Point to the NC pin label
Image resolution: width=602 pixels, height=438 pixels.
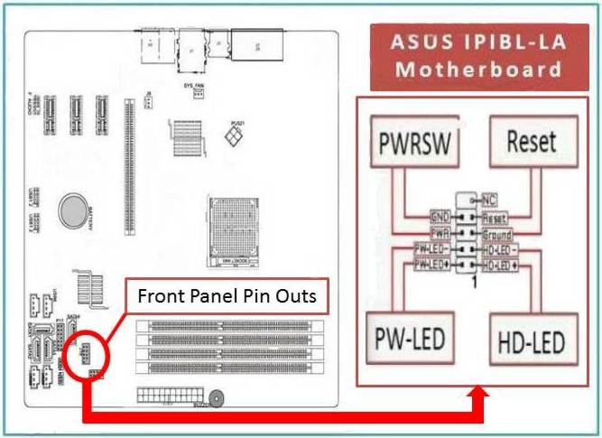click(x=489, y=199)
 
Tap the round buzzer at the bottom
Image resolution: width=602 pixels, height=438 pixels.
click(x=217, y=396)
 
